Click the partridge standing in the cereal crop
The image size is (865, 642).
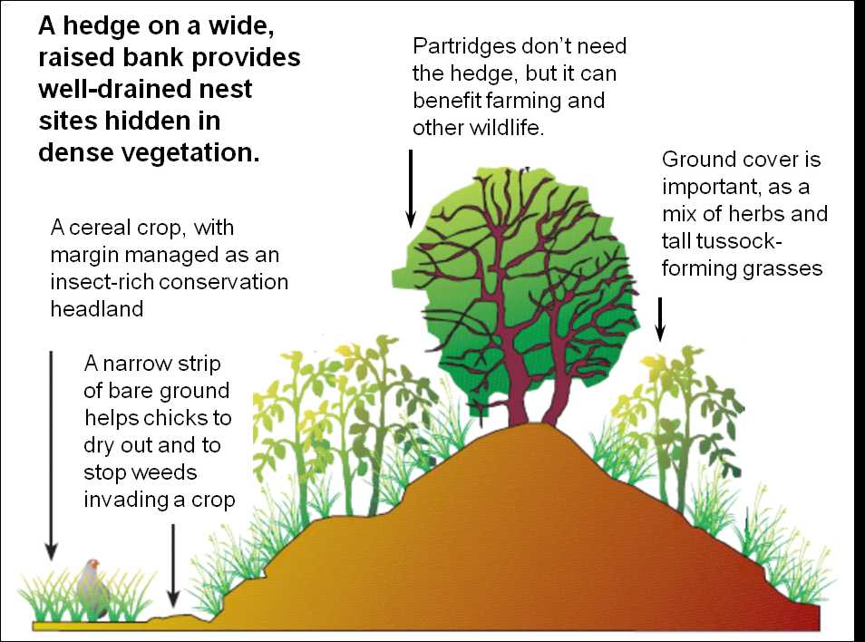[93, 589]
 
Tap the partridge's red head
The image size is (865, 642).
[94, 564]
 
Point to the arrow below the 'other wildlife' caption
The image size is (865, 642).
[411, 189]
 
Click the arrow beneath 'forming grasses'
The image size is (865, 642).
[660, 319]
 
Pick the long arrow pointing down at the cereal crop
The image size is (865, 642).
[52, 455]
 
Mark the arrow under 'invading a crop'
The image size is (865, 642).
[173, 565]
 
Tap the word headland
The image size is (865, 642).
[97, 309]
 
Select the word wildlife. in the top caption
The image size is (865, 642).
[507, 128]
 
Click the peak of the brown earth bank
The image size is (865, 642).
[535, 423]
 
